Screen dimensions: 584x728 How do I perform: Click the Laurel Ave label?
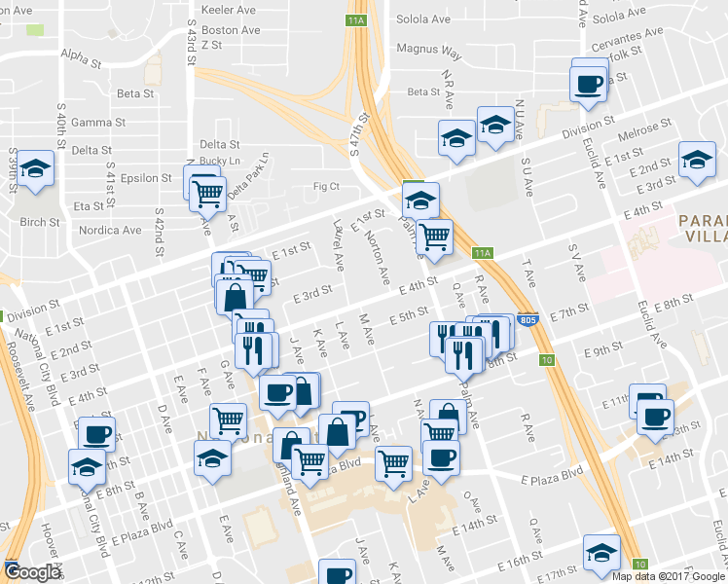[337, 248]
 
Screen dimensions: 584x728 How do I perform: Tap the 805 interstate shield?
[527, 320]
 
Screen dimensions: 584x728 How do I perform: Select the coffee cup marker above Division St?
[589, 83]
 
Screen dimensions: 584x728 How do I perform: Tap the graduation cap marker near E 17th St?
[601, 551]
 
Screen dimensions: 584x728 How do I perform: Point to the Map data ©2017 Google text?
[669, 575]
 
